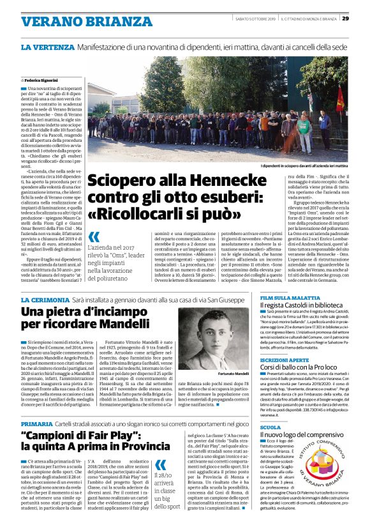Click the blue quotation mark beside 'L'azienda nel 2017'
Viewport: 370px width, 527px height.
94,237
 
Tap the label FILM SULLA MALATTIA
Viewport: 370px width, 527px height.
288,298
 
